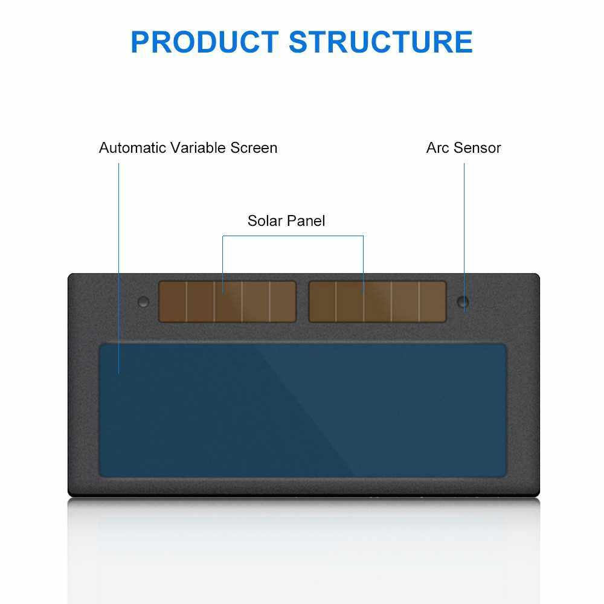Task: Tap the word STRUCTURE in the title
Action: click(x=381, y=41)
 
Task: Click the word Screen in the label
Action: click(x=253, y=148)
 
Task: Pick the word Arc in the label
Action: click(x=436, y=148)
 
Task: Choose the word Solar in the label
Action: click(x=264, y=221)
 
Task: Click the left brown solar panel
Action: click(x=227, y=301)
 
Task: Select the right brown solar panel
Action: click(x=377, y=301)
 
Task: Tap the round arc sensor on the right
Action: click(x=463, y=301)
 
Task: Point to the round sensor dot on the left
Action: click(x=143, y=301)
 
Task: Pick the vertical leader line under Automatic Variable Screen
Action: click(x=119, y=254)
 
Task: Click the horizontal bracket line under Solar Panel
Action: click(x=293, y=236)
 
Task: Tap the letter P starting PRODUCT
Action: click(x=141, y=41)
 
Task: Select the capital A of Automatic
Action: click(x=104, y=148)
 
